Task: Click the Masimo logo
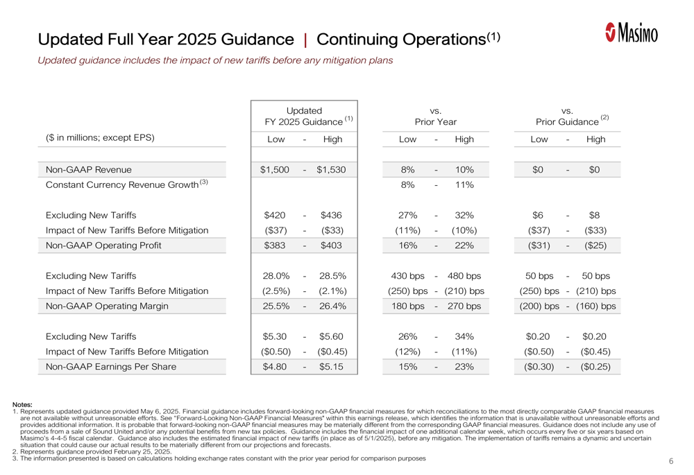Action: (632, 33)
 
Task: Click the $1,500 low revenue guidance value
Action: (274, 170)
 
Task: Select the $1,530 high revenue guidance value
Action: (331, 170)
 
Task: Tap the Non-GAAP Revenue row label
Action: (89, 170)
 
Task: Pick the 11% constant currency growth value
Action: (464, 185)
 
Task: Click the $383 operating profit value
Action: (274, 245)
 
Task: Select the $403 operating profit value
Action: (331, 245)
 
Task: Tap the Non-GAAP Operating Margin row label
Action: (107, 306)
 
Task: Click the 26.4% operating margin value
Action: (333, 306)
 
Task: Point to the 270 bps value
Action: (464, 306)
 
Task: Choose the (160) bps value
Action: (595, 306)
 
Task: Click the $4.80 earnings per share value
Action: (274, 367)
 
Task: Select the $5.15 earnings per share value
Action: (331, 367)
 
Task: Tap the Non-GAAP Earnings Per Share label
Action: (110, 367)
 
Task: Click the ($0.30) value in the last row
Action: (539, 367)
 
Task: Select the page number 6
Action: (671, 461)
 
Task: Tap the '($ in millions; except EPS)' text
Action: (100, 137)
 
